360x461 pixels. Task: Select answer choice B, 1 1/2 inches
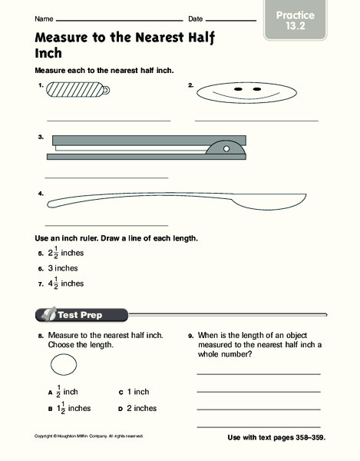pyautogui.click(x=69, y=408)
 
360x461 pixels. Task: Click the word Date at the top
pyautogui.click(x=195, y=18)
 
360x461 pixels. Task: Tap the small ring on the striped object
pyautogui.click(x=105, y=90)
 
